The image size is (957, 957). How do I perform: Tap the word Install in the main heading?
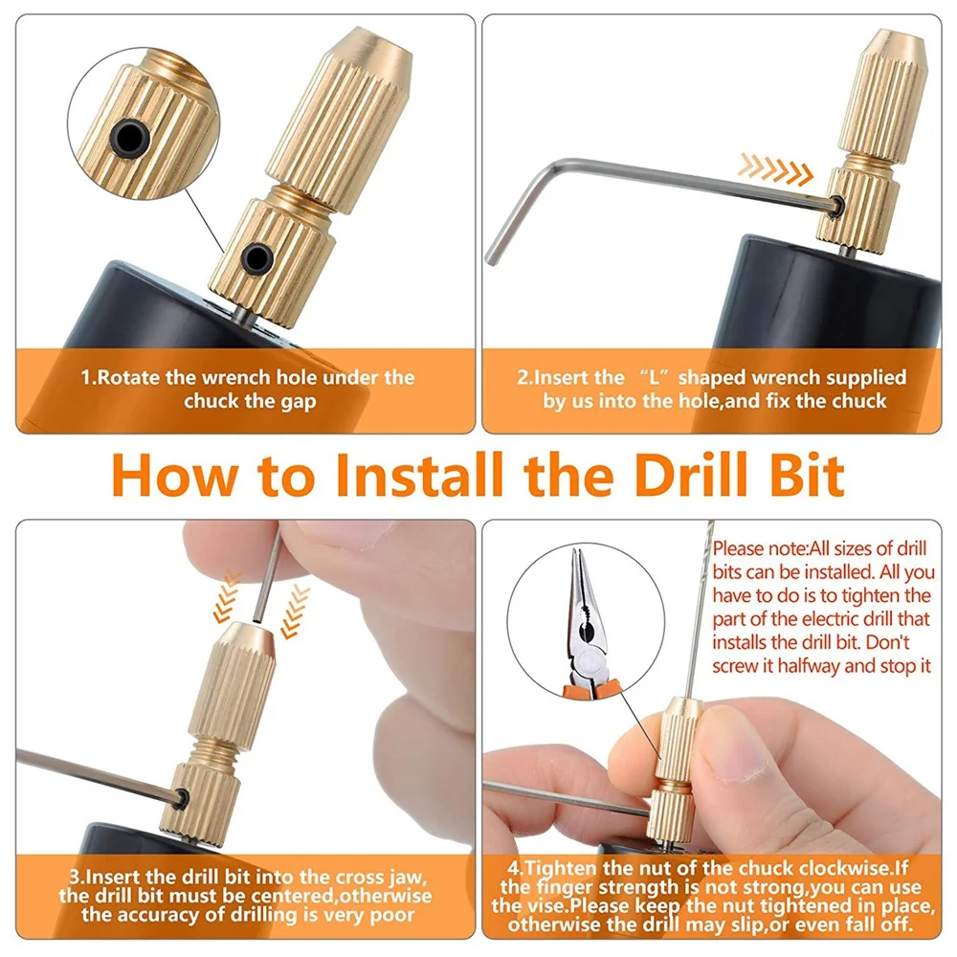click(x=420, y=475)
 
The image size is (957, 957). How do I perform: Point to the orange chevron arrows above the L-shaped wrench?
click(x=775, y=169)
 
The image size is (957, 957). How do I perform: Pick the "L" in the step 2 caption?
click(x=655, y=377)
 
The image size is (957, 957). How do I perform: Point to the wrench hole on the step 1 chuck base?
click(x=256, y=257)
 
